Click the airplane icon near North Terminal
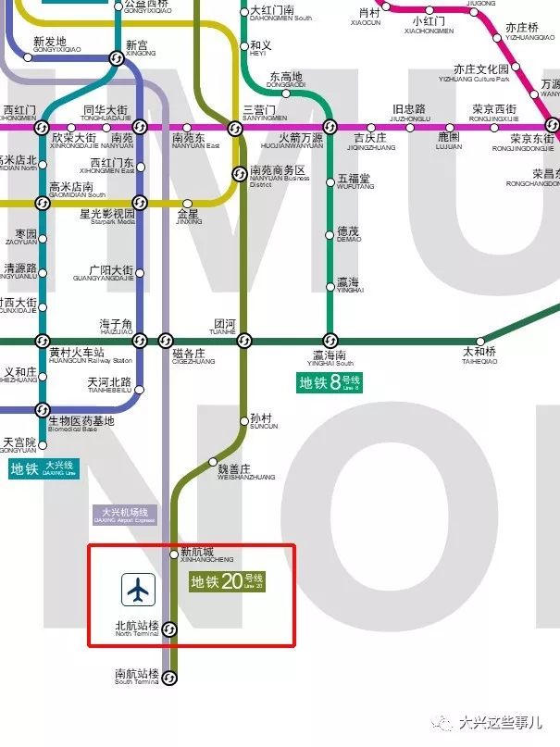click(138, 589)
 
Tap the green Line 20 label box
click(227, 582)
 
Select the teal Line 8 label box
click(329, 382)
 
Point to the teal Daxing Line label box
click(44, 468)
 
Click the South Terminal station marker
click(170, 679)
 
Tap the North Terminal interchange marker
click(170, 629)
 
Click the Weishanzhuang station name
click(233, 471)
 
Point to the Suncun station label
click(263, 420)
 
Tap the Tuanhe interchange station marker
click(243, 341)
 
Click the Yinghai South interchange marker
click(329, 341)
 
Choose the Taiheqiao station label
click(479, 355)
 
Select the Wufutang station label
click(354, 181)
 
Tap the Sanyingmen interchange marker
click(235, 128)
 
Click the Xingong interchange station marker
click(117, 58)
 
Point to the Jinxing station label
click(188, 218)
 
